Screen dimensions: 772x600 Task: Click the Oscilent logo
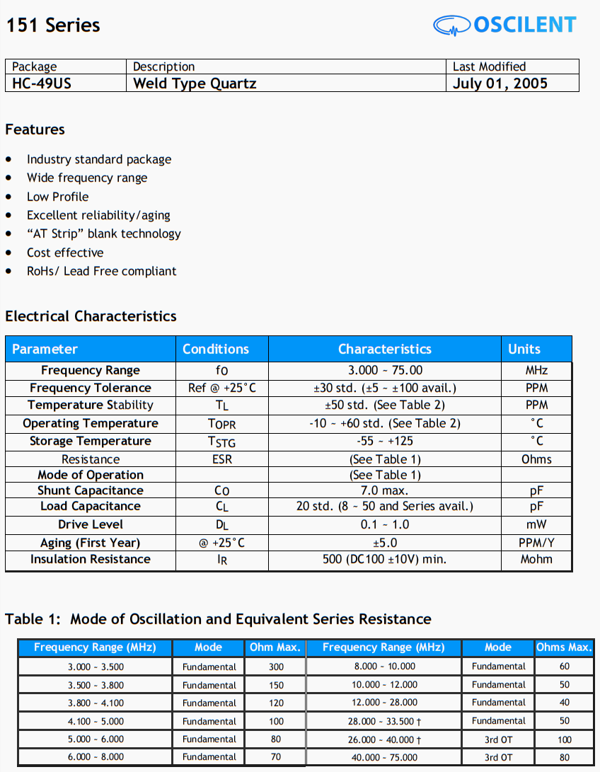point(504,25)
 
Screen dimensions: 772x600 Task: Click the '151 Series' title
point(53,25)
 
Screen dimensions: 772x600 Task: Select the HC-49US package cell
point(42,83)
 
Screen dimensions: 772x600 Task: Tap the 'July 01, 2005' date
point(500,83)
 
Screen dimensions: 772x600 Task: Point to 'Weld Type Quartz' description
point(195,83)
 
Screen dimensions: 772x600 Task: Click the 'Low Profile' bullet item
point(58,197)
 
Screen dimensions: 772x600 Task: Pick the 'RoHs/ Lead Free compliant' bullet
point(102,271)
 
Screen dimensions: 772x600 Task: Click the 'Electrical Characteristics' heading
point(91,316)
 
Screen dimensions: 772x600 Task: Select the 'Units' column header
point(524,349)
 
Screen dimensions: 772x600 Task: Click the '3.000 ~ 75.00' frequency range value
point(385,370)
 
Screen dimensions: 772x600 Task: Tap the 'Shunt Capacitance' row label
point(91,490)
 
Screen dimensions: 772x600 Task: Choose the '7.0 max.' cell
point(385,490)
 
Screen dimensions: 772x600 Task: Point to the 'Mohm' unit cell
point(536,559)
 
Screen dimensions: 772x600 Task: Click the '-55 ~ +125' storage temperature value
point(385,441)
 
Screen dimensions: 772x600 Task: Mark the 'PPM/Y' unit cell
point(536,543)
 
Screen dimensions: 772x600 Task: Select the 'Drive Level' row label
point(91,524)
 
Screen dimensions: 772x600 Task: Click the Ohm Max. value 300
point(276,667)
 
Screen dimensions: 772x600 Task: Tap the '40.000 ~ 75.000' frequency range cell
point(385,757)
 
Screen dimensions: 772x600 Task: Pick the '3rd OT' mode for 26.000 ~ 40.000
point(498,739)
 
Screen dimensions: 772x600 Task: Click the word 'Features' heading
point(35,129)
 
